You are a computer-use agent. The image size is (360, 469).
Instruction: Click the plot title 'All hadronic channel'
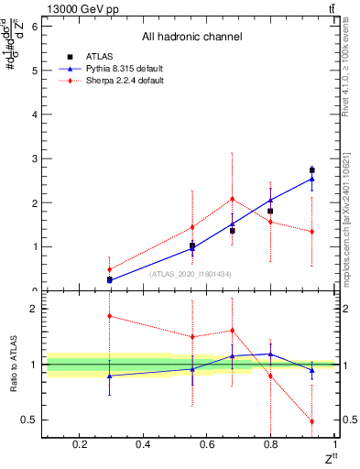coord(191,38)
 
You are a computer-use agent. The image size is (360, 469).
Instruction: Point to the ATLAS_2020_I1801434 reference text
coord(191,273)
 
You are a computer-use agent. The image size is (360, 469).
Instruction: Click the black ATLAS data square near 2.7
coord(312,170)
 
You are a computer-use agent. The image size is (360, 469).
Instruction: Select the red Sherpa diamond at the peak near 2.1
coord(233,199)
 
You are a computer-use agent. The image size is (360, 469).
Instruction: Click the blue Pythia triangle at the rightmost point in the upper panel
coord(312,179)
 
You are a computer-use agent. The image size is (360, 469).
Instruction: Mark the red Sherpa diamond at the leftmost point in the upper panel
coord(109,269)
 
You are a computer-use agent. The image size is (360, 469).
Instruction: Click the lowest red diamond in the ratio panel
coord(312,421)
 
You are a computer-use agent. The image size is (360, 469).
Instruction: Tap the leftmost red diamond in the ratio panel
coord(109,316)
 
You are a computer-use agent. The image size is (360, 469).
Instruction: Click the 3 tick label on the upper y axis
coord(34,158)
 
